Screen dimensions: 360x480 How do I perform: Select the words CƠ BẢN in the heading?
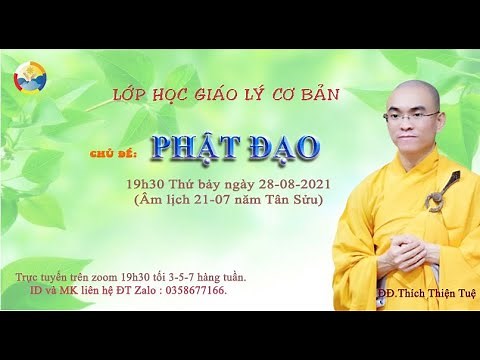[307, 94]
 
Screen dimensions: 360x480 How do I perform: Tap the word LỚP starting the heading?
[129, 94]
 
